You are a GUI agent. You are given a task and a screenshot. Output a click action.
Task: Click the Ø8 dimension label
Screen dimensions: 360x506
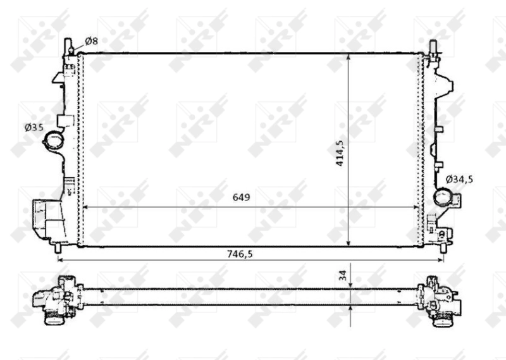point(91,41)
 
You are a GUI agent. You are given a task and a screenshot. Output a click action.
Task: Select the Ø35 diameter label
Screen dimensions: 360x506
point(34,128)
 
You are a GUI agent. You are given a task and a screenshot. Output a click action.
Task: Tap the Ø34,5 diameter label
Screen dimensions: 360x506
point(459,180)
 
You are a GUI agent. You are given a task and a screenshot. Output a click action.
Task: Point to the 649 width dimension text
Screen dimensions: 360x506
point(241,197)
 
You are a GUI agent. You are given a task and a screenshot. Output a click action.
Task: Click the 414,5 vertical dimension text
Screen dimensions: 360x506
point(340,152)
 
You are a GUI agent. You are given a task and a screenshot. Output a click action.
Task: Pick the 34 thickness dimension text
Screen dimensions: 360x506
point(342,275)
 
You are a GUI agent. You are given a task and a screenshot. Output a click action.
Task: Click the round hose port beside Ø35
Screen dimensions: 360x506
point(52,142)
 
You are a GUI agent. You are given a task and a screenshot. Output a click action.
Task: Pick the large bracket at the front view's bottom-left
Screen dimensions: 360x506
point(46,218)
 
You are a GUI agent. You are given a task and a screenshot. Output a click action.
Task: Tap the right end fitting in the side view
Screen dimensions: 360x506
point(440,297)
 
